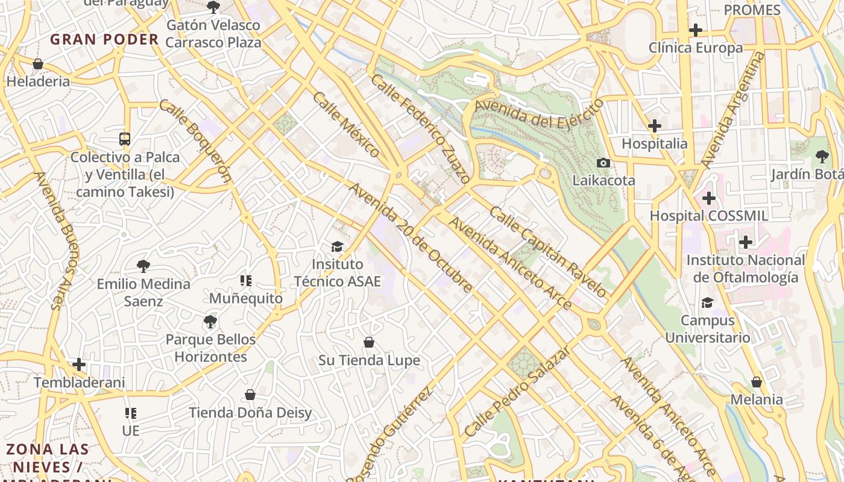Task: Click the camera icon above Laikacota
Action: (x=603, y=163)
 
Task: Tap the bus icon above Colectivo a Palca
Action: (x=125, y=139)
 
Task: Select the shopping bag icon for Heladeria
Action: (x=38, y=64)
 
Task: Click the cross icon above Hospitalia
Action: (x=655, y=126)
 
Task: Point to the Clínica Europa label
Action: (x=696, y=48)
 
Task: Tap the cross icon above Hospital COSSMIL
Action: (x=709, y=198)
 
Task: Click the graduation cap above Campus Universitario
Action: (x=707, y=302)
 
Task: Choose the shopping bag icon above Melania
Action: (x=757, y=382)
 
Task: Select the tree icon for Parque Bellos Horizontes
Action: (x=210, y=322)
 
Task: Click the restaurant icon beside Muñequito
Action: (x=246, y=280)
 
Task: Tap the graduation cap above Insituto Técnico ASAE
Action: (x=337, y=246)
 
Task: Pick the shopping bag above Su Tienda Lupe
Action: (x=369, y=342)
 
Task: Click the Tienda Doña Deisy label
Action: (x=250, y=413)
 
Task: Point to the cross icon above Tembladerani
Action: (x=79, y=365)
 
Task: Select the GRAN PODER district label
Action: (x=104, y=40)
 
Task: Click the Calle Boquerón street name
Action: (x=195, y=140)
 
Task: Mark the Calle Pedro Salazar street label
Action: (x=517, y=392)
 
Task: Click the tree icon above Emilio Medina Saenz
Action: (x=143, y=266)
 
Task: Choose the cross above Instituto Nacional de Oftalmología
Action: (x=746, y=242)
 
